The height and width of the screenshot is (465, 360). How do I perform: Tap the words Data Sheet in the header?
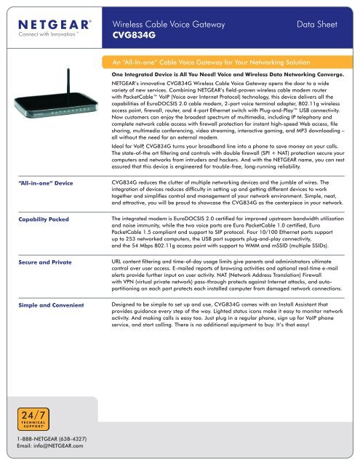coord(314,24)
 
